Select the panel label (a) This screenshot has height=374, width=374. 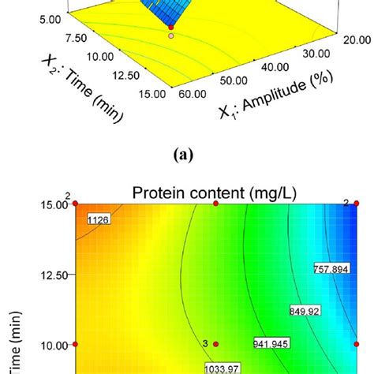[x=186, y=156]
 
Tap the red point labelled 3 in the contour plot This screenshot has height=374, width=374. [x=215, y=344]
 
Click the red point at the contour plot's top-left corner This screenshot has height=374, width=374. [x=76, y=204]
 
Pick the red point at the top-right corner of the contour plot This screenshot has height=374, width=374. [x=356, y=204]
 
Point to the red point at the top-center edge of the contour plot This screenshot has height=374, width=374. [x=215, y=204]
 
